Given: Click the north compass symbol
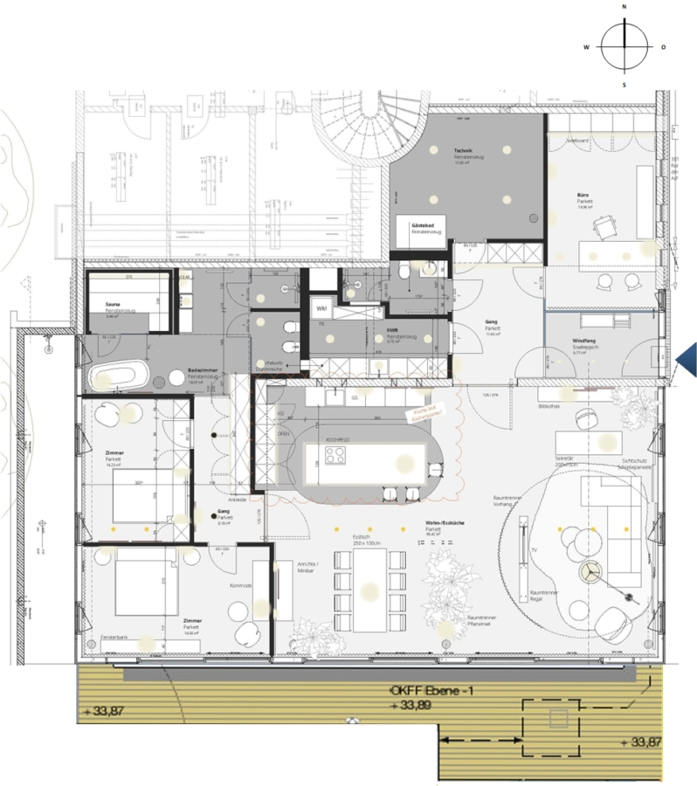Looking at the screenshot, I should point(625,46).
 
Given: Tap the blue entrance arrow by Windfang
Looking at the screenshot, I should point(686,358).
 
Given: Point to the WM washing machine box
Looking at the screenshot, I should point(321,309).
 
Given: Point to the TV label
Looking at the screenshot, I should point(534,552).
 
